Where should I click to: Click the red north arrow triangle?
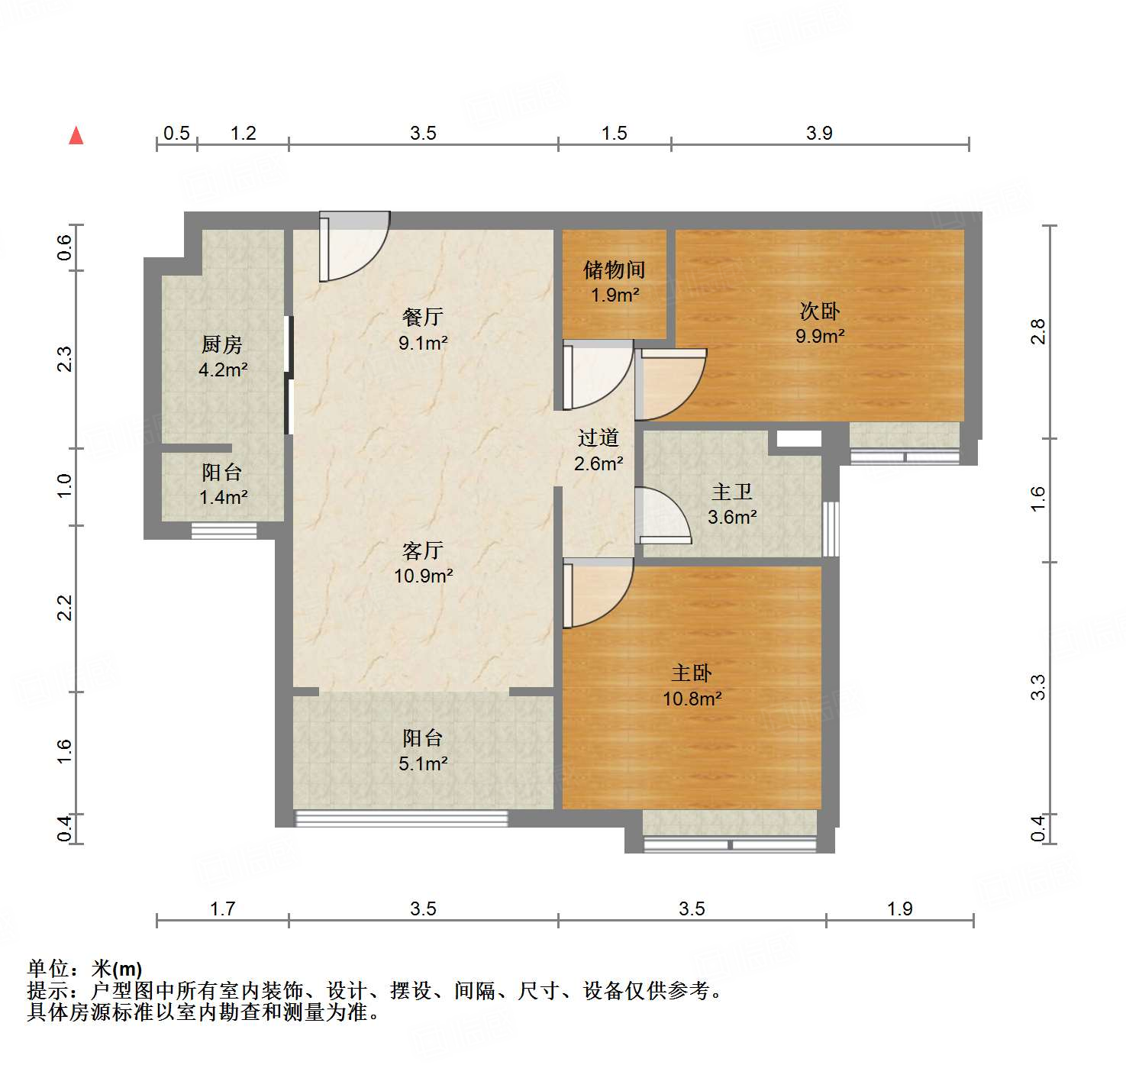76,136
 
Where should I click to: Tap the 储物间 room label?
615,269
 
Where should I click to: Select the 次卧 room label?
820,311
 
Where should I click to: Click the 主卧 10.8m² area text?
692,699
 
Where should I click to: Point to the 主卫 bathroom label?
732,492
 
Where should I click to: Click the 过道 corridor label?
598,438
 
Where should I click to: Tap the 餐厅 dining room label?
423,317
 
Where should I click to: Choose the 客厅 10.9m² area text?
423,576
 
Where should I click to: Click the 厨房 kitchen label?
222,345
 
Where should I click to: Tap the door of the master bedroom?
595,592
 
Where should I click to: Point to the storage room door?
596,374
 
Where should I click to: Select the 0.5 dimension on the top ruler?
176,134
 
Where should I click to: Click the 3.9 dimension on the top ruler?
819,134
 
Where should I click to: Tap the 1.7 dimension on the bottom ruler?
222,908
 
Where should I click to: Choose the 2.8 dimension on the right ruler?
1037,332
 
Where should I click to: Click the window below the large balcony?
401,818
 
